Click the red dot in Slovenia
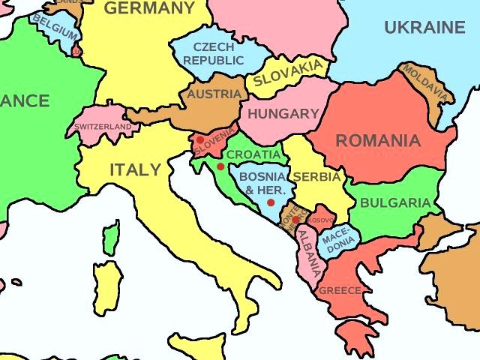coord(199,139)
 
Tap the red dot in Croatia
coord(220,166)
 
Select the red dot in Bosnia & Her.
coord(271,202)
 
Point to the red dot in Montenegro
coord(295,220)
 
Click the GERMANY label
coord(148,9)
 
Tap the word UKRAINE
coord(424,28)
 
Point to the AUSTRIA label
coord(214,94)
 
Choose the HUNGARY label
coord(283,114)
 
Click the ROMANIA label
coord(377,140)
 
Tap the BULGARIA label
coord(395,202)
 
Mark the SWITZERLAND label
coord(103,127)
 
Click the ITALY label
coord(135,169)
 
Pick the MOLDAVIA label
coord(427,83)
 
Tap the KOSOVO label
coord(320,220)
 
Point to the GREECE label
coord(340,290)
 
